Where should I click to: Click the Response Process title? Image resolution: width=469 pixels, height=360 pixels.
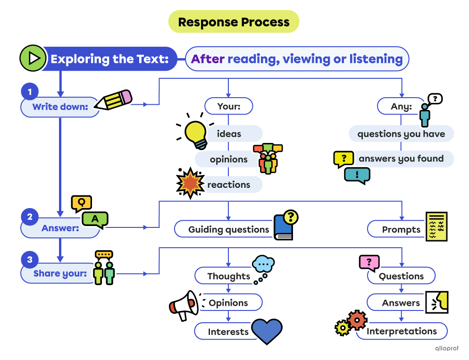pos(234,22)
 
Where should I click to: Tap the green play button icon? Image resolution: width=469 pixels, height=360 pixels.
pos(33,59)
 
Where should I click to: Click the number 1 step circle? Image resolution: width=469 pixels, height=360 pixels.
pos(30,91)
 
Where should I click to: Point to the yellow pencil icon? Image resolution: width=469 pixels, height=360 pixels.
pos(115,100)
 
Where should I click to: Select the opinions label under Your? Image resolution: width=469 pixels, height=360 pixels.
pos(228,159)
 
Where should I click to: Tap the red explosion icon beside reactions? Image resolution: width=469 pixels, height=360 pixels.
pos(189,182)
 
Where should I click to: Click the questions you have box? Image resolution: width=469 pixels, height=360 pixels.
pos(401,134)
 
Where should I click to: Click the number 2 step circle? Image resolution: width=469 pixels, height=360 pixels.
pos(30,217)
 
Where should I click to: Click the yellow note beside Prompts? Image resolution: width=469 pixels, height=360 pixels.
pos(436,226)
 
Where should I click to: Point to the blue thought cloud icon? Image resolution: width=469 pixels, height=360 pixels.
pos(263,265)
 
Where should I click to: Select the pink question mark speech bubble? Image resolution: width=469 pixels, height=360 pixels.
pos(369,262)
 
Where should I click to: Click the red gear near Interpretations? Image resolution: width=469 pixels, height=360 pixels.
pos(357,320)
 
